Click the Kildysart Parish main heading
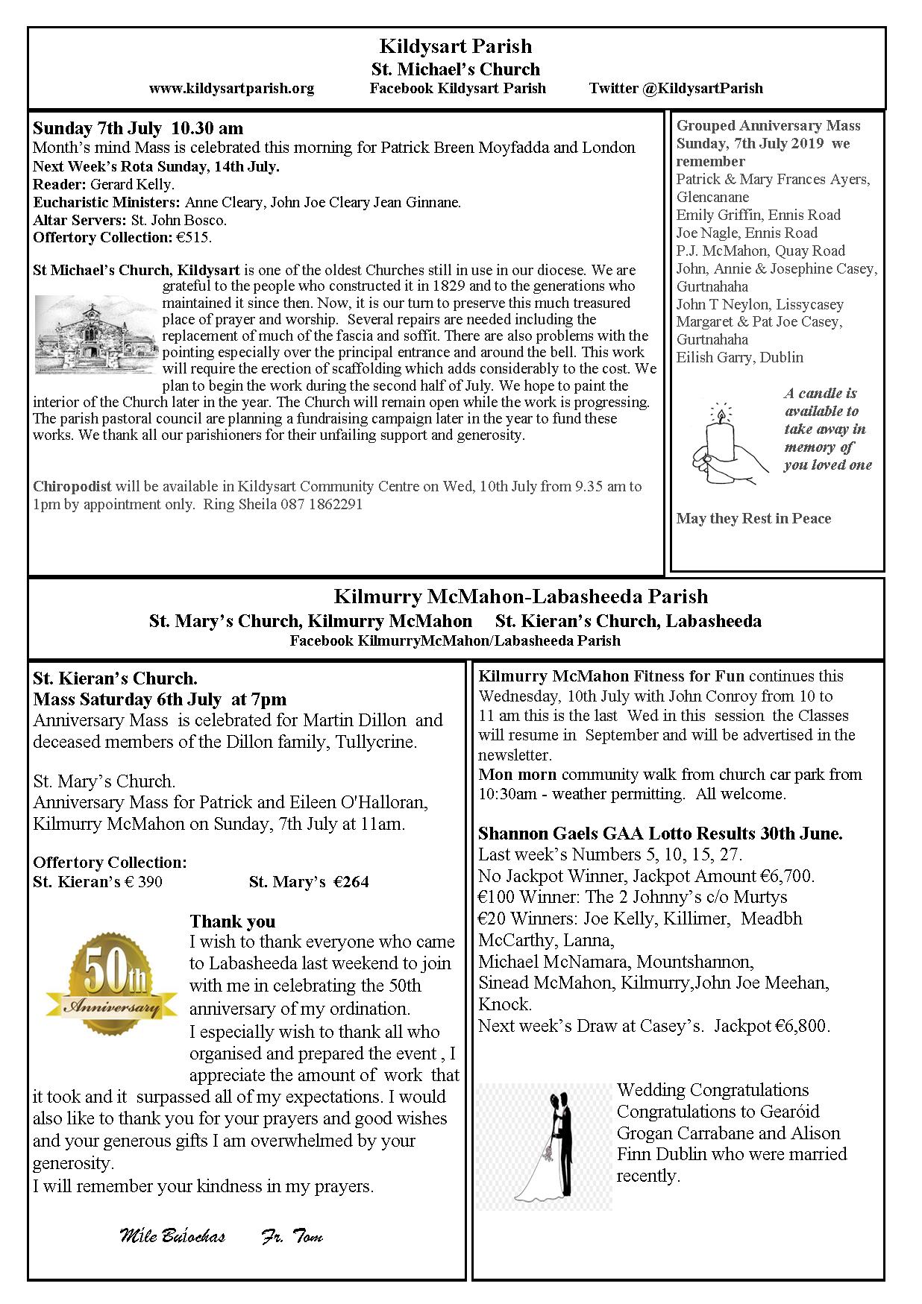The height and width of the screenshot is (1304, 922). click(455, 46)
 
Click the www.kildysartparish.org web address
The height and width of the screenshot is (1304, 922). click(231, 88)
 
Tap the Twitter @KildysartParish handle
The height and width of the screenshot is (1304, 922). click(676, 88)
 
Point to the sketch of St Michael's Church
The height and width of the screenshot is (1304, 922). click(95, 335)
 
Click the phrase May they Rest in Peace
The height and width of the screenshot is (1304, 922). click(753, 518)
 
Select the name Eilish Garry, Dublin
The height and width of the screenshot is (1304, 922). click(739, 357)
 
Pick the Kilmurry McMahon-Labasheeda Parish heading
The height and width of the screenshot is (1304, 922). click(521, 596)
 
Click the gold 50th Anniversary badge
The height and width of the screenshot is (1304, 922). click(112, 983)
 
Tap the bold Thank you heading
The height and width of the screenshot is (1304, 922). click(233, 922)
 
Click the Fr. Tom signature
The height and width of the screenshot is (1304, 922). click(292, 1236)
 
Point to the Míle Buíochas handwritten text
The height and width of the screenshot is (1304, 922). click(172, 1236)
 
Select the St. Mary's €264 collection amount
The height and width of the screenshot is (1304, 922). click(309, 882)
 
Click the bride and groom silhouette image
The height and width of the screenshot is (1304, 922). click(544, 1147)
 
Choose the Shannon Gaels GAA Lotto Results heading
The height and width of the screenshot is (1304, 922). click(660, 834)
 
